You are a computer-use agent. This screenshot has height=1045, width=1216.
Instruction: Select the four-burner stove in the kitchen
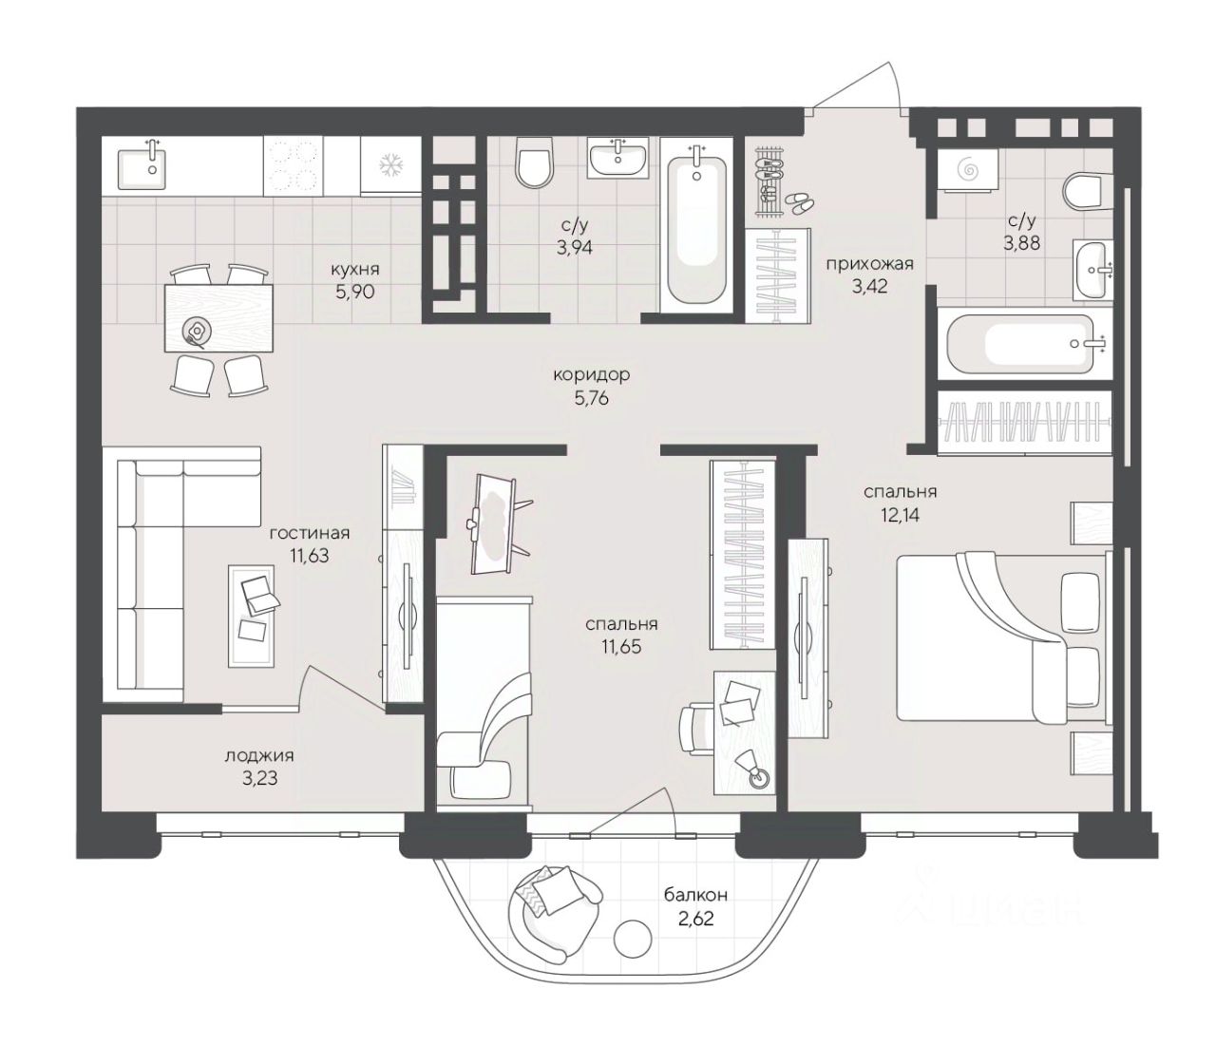(x=293, y=165)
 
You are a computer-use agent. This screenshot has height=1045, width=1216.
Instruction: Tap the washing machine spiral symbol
(x=968, y=170)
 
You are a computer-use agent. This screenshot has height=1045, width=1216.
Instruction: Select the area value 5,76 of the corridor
(x=591, y=398)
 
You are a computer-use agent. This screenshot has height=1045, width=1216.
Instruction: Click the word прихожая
(x=869, y=264)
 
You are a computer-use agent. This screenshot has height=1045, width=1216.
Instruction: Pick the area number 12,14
(x=900, y=516)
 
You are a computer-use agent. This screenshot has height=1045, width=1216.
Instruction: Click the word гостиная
(x=310, y=534)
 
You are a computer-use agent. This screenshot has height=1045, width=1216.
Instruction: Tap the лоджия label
(x=259, y=756)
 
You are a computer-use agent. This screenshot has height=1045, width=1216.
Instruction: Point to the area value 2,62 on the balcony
(x=696, y=918)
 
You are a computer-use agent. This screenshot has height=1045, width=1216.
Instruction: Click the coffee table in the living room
(x=251, y=616)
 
